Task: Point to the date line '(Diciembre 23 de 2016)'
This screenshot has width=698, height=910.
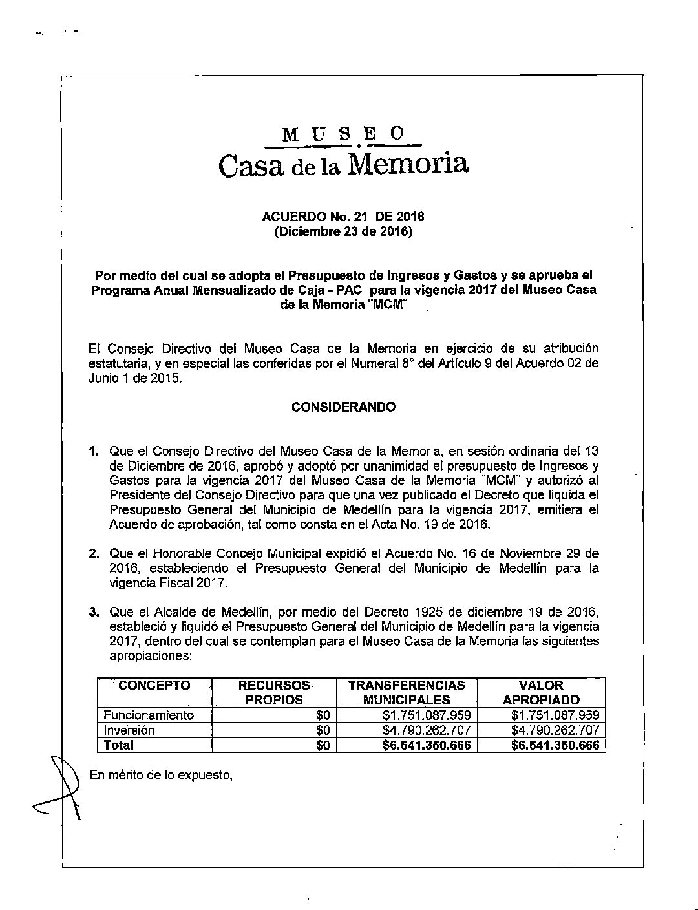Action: click(343, 231)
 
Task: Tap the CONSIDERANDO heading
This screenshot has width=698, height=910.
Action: click(343, 407)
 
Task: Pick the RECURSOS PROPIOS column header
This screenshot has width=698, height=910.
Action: click(275, 692)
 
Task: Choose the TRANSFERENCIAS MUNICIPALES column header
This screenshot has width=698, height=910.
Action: click(406, 692)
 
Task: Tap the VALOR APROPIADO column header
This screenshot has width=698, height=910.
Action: click(542, 692)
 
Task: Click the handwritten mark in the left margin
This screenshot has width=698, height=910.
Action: click(65, 785)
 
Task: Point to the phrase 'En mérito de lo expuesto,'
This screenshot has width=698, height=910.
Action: click(161, 775)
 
